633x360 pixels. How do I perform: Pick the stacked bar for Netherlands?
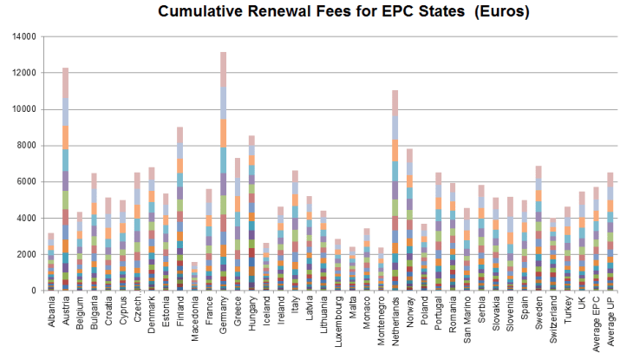pyautogui.click(x=395, y=191)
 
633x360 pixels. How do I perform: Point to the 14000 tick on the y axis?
pyautogui.click(x=25, y=37)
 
